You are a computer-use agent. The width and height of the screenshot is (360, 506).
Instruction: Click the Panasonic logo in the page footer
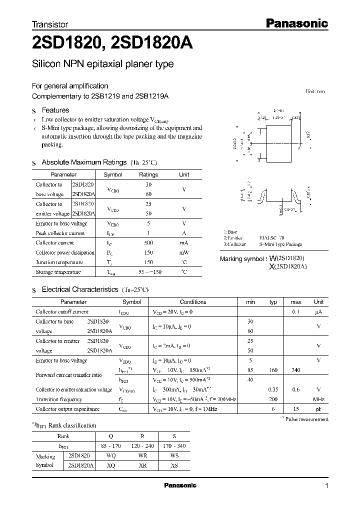point(180,485)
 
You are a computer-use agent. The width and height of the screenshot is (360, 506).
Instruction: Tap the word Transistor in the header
point(49,24)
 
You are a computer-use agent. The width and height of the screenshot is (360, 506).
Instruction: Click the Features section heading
point(55,110)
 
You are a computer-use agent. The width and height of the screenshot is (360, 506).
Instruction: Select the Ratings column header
point(148,174)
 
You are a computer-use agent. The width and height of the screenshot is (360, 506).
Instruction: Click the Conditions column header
point(193,302)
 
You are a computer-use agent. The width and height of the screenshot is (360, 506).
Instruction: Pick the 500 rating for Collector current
point(148,242)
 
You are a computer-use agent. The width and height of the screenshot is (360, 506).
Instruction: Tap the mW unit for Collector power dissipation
point(184,252)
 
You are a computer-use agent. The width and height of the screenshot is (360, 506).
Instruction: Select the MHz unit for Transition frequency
point(318,399)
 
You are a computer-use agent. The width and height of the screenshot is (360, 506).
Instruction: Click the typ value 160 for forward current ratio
point(273,370)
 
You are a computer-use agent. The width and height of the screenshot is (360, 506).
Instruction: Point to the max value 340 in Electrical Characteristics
point(296,370)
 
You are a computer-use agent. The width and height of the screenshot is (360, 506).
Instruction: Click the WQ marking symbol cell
point(110,456)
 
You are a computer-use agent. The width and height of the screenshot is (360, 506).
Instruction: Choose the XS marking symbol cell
point(173,465)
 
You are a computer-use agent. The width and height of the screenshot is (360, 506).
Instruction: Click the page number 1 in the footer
point(326,486)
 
